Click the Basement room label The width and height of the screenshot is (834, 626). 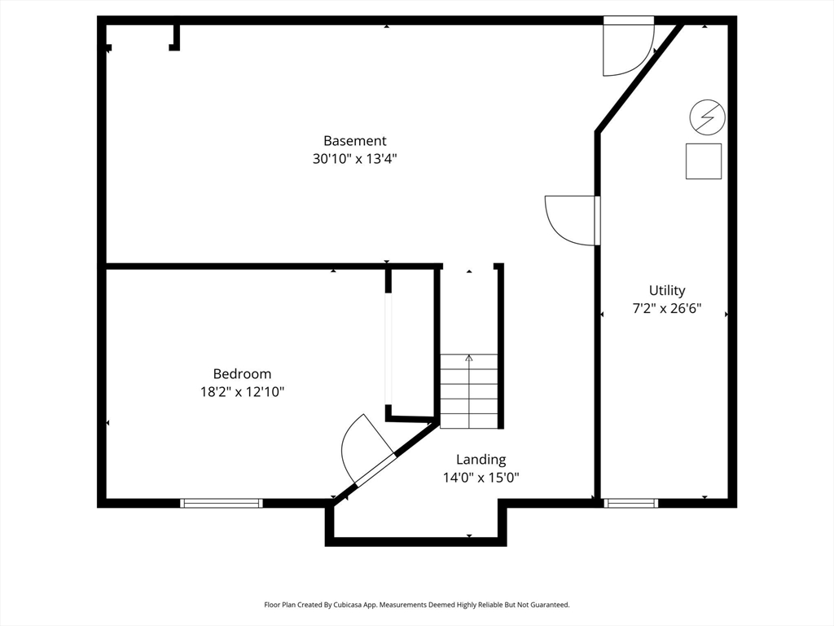click(354, 140)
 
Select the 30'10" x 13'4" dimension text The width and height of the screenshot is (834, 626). click(354, 159)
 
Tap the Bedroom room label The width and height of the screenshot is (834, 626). click(242, 373)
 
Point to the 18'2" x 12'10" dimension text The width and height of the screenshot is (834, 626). click(242, 392)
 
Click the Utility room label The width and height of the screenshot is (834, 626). click(667, 290)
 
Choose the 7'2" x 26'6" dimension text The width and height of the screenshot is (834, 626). click(667, 309)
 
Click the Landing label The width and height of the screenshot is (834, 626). click(481, 459)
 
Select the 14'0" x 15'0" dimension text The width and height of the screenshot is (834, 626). click(481, 478)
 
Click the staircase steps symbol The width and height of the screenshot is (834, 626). click(469, 391)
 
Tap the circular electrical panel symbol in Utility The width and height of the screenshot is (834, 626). click(707, 117)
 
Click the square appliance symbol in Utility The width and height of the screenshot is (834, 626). click(703, 161)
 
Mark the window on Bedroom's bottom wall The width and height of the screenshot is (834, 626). click(222, 503)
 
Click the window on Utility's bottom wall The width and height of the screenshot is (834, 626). click(631, 503)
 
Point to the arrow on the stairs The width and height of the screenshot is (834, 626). click(468, 357)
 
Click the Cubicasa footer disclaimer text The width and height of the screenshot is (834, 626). click(416, 605)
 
